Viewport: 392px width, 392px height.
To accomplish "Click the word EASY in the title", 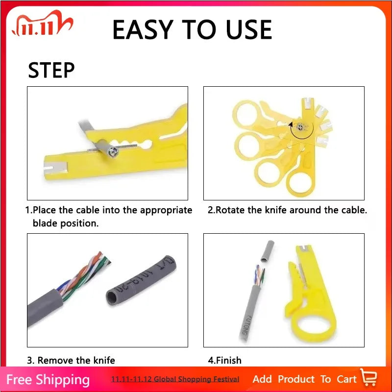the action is click(x=143, y=30).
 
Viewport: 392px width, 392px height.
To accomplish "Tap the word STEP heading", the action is click(x=51, y=70).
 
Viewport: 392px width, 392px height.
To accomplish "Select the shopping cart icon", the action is click(x=368, y=377).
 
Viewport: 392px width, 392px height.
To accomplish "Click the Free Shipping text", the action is click(x=48, y=380).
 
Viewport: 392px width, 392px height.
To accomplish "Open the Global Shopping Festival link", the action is click(x=175, y=379).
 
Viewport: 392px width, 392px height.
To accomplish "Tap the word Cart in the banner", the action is click(x=346, y=379).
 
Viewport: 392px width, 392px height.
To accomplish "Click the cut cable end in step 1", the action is click(x=113, y=151).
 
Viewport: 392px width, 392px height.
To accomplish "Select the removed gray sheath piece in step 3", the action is click(x=141, y=280).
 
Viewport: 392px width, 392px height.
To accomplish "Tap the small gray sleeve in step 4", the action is click(x=267, y=251).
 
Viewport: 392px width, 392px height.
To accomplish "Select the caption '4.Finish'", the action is click(x=225, y=360).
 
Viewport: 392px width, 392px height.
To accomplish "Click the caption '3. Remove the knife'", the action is click(x=71, y=360).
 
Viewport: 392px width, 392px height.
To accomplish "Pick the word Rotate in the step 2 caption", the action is click(x=230, y=210).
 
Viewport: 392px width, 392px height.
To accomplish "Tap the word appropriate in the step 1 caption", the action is click(x=166, y=211).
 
